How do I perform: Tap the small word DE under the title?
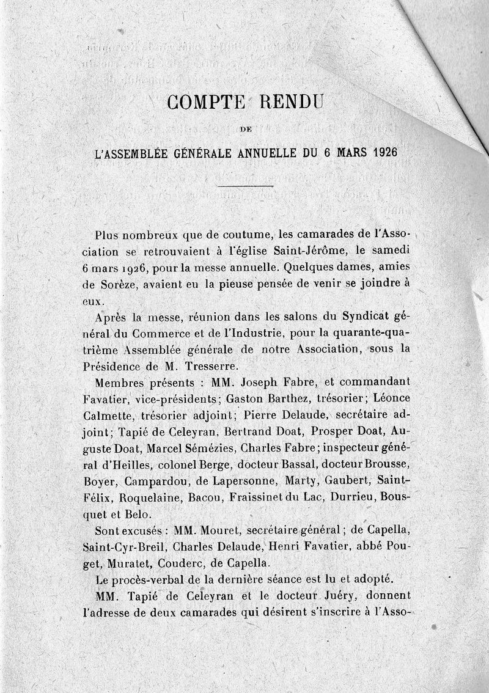click(x=247, y=129)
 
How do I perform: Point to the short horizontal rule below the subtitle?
click(x=246, y=185)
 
